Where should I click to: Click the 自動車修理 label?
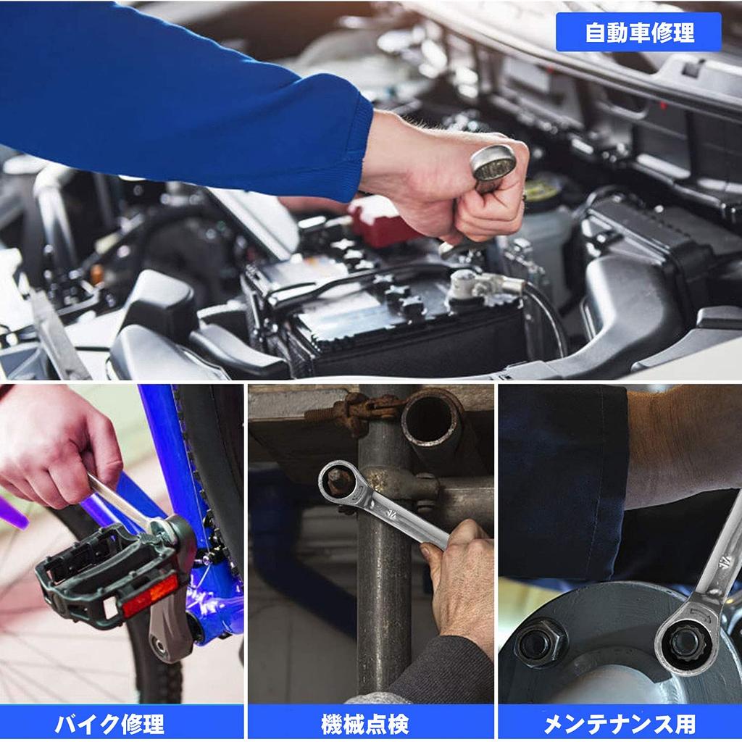[x=638, y=33]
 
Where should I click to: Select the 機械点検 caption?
[x=370, y=722]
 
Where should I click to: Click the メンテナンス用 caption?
[x=620, y=722]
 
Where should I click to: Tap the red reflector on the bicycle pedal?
[x=149, y=596]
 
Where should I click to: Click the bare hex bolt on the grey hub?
[x=540, y=642]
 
